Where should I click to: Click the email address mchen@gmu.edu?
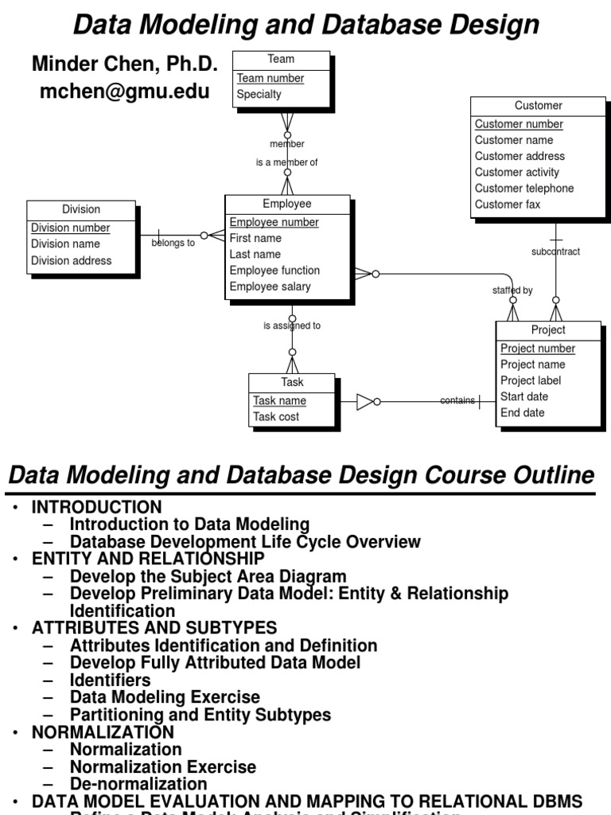[x=125, y=92]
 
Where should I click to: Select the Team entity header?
[x=281, y=59]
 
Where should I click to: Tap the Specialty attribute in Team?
[x=259, y=94]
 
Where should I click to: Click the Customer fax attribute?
[x=508, y=205]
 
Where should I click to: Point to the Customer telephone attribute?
[x=524, y=189]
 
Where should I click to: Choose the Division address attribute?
[x=71, y=260]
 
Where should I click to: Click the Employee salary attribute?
[x=270, y=287]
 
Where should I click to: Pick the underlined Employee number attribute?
[x=274, y=223]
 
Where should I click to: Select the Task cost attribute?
[x=276, y=417]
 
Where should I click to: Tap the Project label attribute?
[x=530, y=380]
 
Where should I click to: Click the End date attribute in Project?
[x=522, y=412]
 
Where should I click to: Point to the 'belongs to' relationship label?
[x=173, y=244]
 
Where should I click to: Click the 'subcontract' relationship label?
[x=555, y=252]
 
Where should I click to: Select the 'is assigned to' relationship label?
[x=292, y=326]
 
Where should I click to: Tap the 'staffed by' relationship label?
[x=512, y=291]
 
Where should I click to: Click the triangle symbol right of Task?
[x=364, y=402]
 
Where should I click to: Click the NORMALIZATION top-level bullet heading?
[x=102, y=731]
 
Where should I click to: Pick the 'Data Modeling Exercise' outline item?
[x=165, y=697]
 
